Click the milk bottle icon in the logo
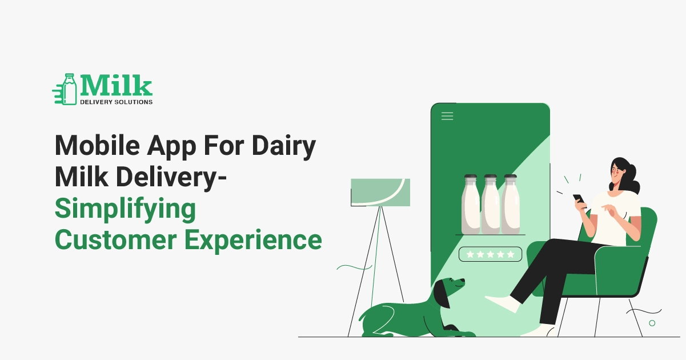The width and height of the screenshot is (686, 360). [x=69, y=89]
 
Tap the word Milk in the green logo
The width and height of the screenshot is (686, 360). [x=116, y=86]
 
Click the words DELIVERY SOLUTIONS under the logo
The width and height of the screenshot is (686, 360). [x=116, y=102]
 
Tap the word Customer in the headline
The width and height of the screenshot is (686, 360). [x=114, y=239]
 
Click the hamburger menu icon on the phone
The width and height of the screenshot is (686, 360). [x=447, y=116]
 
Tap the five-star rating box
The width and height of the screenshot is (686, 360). [x=490, y=254]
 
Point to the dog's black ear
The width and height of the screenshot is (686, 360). [x=440, y=295]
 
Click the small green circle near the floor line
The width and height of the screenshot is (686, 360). [x=652, y=323]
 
